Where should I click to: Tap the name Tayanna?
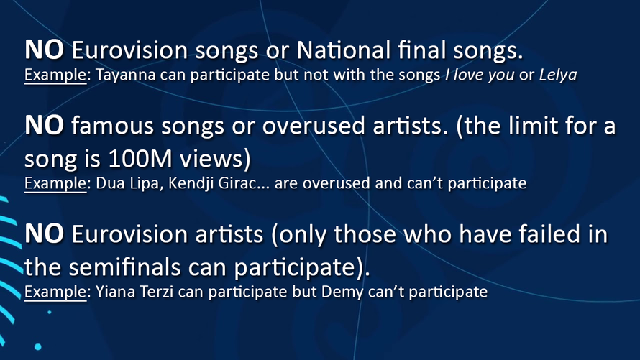[x=118, y=75]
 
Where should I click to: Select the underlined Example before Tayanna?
[x=55, y=75]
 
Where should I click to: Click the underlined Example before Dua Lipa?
[x=55, y=183]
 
